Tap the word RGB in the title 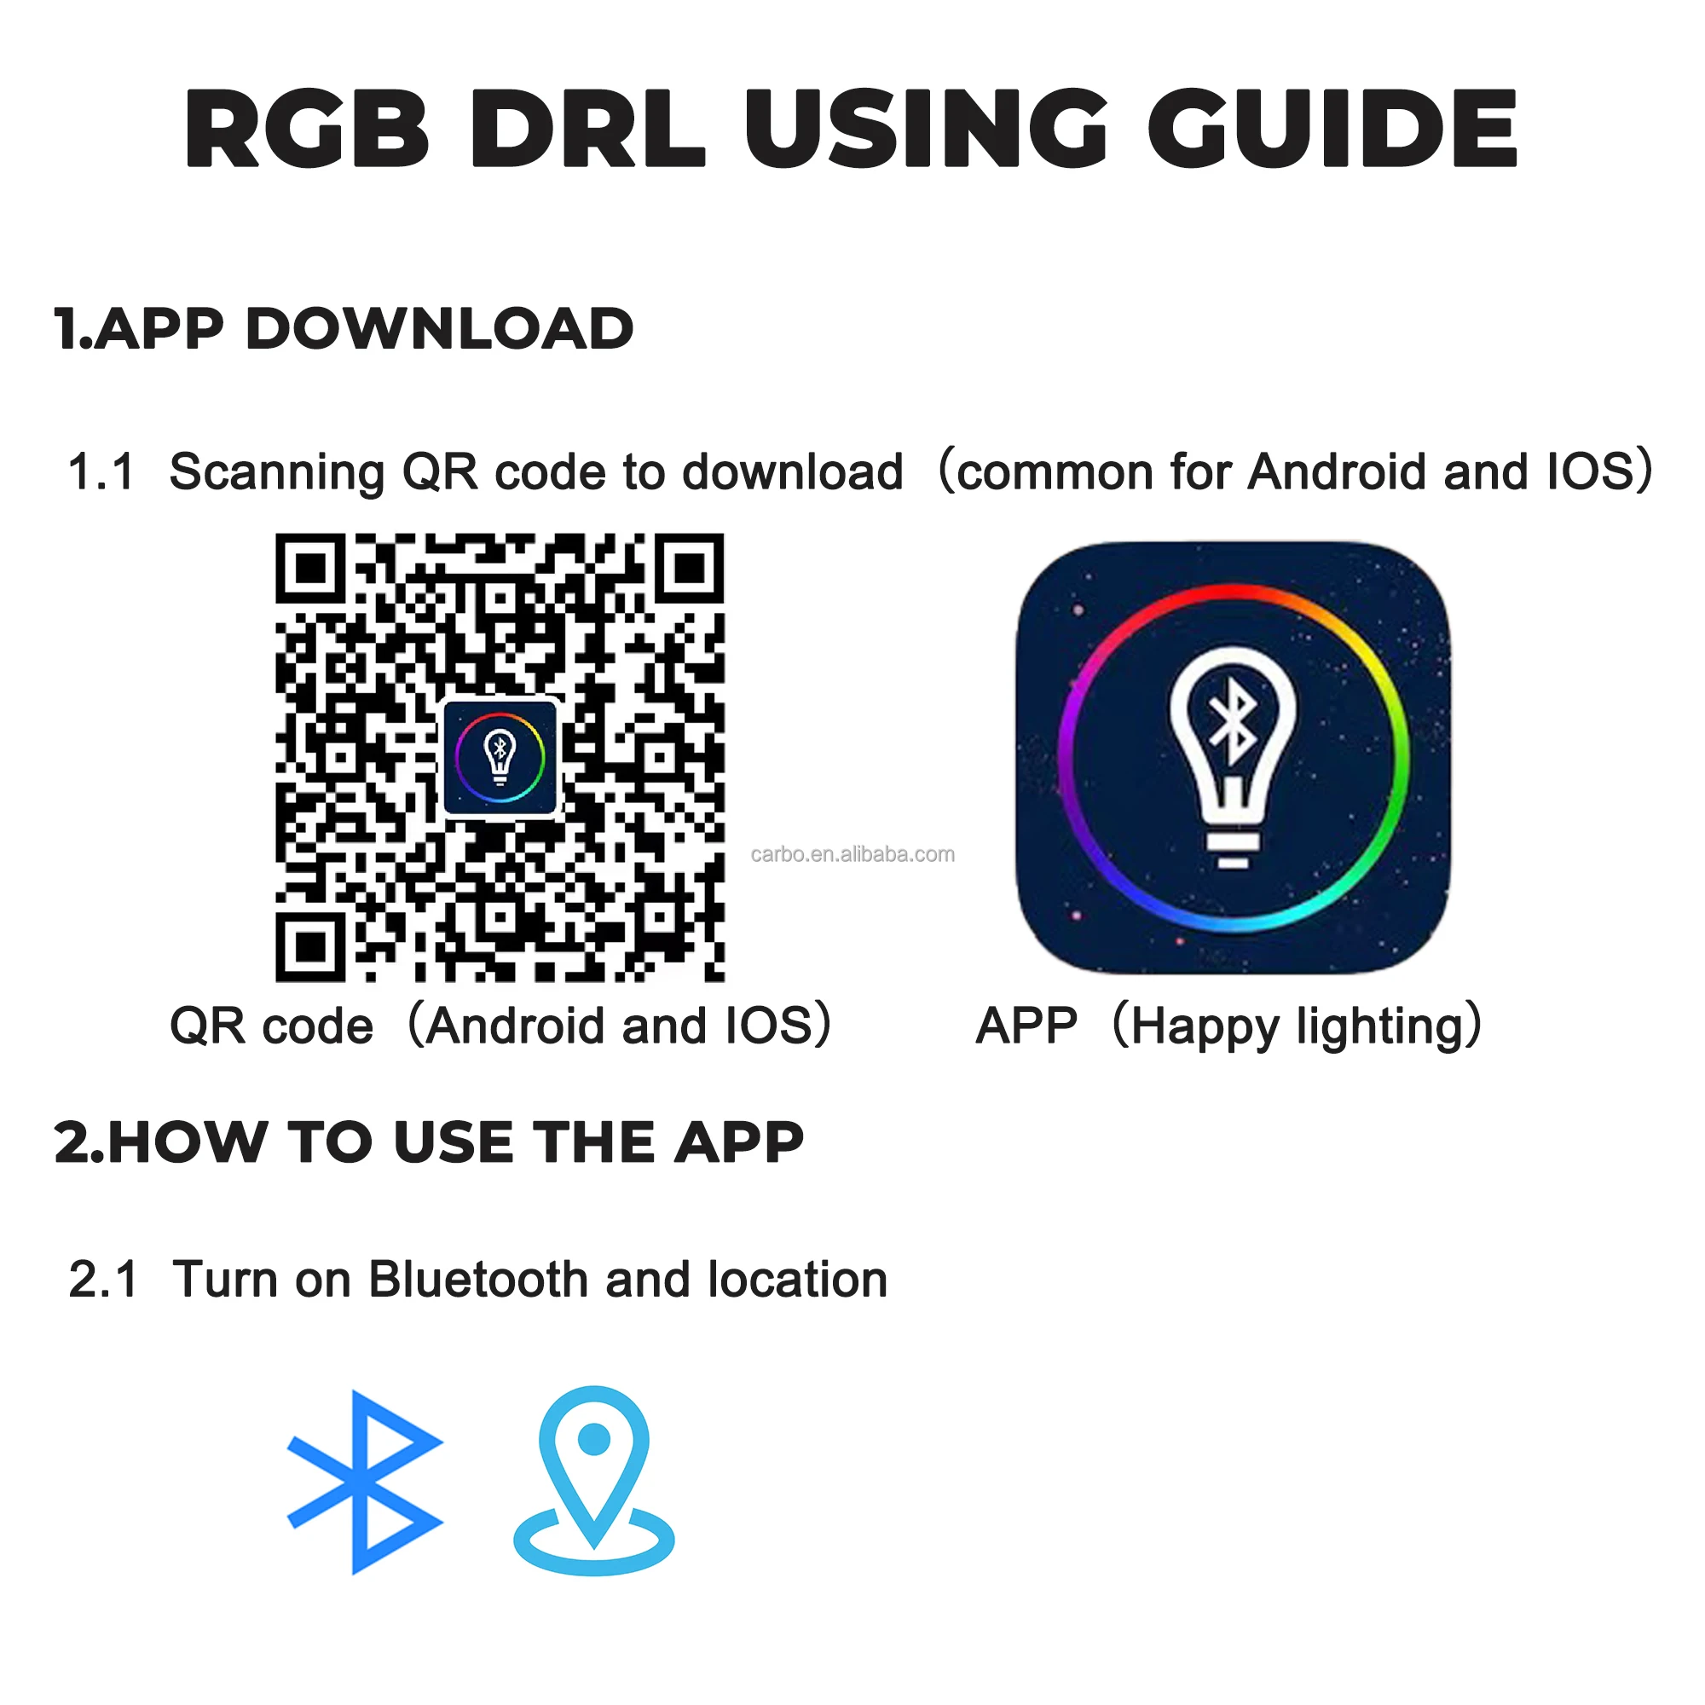[306, 129]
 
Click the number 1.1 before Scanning [101, 472]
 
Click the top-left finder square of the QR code [309, 569]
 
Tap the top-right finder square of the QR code [689, 569]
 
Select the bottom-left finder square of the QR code [309, 947]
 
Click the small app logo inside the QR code [500, 756]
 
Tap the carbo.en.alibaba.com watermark [852, 854]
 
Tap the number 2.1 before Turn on [103, 1280]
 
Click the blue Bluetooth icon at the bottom [364, 1482]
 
